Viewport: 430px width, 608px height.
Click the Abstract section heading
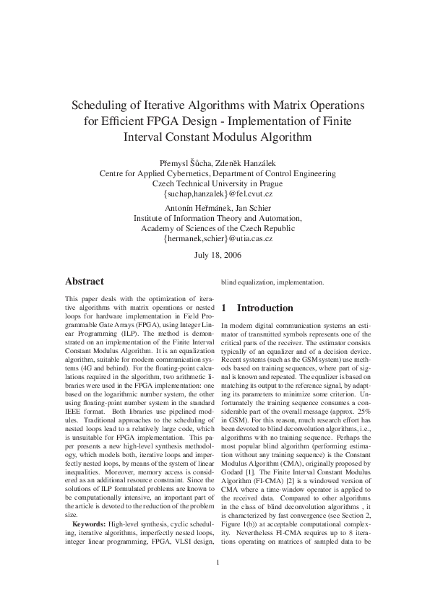85,281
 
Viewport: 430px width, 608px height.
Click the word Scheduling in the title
103,105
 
